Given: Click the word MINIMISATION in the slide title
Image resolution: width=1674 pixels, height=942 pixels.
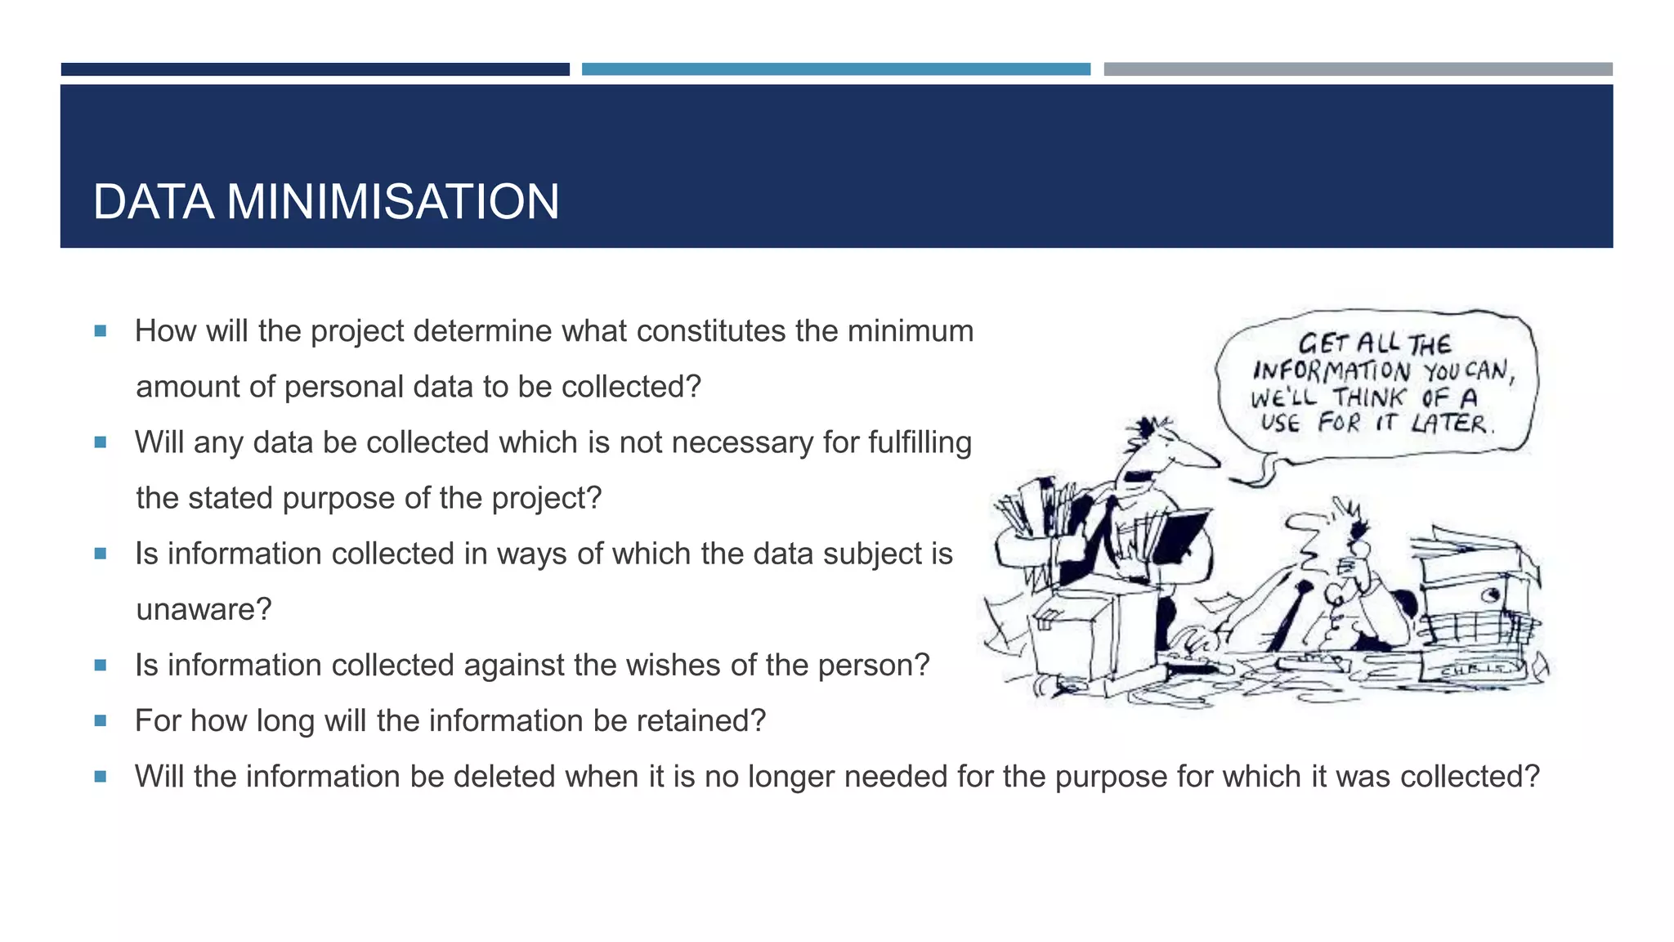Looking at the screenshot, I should pyautogui.click(x=392, y=202).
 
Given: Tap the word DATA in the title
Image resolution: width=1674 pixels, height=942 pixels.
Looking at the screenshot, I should pyautogui.click(x=154, y=202).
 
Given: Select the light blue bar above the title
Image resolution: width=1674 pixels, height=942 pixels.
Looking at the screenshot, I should pyautogui.click(x=835, y=70).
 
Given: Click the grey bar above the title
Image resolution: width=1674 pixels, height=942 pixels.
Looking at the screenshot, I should pyautogui.click(x=1358, y=70).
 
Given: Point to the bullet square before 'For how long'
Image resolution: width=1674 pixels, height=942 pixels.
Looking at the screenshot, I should pyautogui.click(x=101, y=720).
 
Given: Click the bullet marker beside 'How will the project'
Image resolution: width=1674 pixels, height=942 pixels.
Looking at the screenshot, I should pyautogui.click(x=101, y=331).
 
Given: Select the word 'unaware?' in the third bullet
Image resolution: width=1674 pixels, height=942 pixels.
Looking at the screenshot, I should pyautogui.click(x=204, y=610).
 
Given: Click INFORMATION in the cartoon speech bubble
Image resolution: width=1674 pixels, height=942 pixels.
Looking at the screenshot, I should pyautogui.click(x=1332, y=371).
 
